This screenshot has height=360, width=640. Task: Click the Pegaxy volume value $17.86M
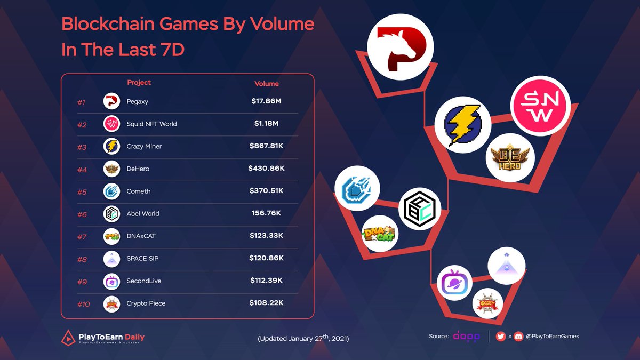coord(266,101)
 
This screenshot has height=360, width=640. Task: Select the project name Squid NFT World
coord(152,124)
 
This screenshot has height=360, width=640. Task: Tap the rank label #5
coord(82,191)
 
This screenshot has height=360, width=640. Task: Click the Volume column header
coord(266,84)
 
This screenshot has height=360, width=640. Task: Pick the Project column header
coord(139,83)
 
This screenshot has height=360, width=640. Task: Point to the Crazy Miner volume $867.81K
coord(266,146)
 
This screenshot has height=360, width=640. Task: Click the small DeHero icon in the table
coord(111,169)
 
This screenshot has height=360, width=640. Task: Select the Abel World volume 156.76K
coord(266,213)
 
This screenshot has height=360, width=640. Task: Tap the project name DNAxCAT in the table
coord(142,236)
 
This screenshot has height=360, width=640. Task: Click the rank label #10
coord(83,303)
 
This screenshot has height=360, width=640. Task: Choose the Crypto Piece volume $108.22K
coord(266,303)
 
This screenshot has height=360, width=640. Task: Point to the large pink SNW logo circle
coord(540,105)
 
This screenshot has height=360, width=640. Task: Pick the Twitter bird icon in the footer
coord(500,337)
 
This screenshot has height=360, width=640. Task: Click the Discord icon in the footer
coord(518,337)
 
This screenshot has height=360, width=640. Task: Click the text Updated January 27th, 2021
coord(303,338)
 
